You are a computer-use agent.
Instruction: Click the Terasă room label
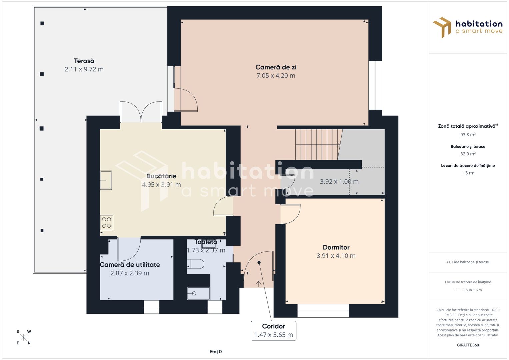click(84, 61)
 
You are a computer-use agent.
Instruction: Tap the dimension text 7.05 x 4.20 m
click(276, 76)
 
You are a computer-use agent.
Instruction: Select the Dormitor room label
click(336, 247)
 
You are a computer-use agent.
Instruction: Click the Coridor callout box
click(273, 331)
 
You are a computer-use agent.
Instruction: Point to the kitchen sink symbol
click(106, 180)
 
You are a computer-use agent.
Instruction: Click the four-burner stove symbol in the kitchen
click(107, 223)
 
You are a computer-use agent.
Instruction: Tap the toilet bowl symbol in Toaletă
click(196, 264)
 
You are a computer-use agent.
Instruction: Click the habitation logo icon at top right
click(442, 27)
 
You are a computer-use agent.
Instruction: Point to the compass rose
click(23, 337)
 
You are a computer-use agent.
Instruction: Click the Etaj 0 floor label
click(216, 352)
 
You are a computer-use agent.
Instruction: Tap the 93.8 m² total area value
click(468, 135)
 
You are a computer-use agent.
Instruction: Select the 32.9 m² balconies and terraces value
click(468, 154)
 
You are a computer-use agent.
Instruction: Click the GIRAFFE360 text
click(468, 345)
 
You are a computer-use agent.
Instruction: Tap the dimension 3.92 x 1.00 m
click(339, 182)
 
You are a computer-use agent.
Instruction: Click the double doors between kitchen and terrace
click(141, 112)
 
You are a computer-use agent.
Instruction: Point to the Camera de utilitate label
click(130, 265)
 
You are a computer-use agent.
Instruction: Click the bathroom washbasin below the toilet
click(198, 293)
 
